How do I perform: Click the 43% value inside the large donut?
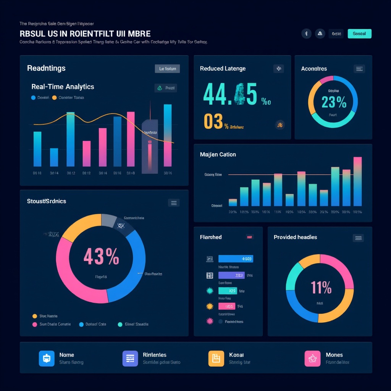point(101,257)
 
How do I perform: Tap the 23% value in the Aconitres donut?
point(334,102)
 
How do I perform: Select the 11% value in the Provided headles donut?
point(321,288)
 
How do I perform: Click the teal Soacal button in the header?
point(359,34)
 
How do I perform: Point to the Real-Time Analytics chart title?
point(63,87)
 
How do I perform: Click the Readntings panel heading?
point(46,68)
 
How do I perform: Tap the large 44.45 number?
point(230,94)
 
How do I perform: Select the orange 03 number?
point(213,121)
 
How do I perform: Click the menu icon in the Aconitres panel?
point(359,69)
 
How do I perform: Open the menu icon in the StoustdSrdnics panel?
point(174,203)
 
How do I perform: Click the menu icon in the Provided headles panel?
point(358,238)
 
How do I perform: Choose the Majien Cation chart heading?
point(218,155)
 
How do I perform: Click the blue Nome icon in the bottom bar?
point(47,359)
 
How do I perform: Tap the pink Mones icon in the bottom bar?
point(312,359)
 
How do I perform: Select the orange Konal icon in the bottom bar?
point(216,359)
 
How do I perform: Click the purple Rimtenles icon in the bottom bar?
point(130,359)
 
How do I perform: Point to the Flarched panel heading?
point(211,237)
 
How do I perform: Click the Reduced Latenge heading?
point(223,69)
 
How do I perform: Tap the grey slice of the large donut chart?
point(109,220)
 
